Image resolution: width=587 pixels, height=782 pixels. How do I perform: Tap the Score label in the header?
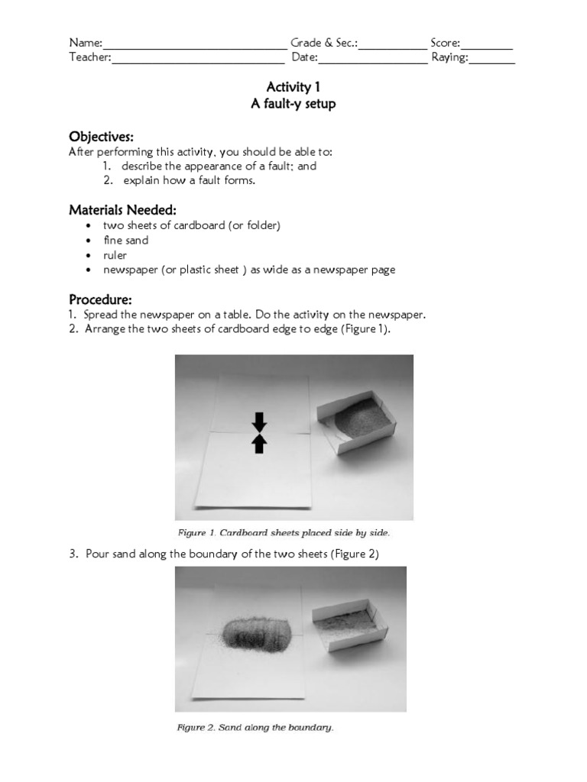click(445, 44)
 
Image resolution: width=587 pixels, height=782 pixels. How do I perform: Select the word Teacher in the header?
click(89, 58)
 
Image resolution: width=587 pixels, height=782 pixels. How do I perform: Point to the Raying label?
click(449, 58)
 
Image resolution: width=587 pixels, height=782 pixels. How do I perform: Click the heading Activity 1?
click(293, 88)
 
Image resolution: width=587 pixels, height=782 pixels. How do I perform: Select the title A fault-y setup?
click(293, 104)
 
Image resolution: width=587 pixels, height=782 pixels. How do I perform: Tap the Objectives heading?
click(101, 137)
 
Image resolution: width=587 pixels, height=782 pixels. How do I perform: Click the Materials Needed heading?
click(123, 209)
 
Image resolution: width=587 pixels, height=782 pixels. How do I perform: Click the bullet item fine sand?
click(126, 241)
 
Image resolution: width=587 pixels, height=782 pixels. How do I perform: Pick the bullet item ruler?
click(115, 255)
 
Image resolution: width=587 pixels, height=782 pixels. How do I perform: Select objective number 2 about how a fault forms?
click(189, 181)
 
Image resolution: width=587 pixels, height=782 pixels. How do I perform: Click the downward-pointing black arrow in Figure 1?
click(259, 422)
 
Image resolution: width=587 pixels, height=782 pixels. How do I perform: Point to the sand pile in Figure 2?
click(258, 631)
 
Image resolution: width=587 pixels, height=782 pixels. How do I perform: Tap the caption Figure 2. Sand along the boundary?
click(255, 728)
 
